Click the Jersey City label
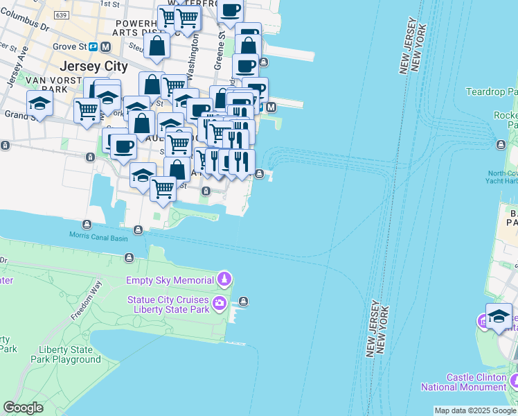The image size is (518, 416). click(94, 67)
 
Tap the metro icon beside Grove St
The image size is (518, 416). click(106, 47)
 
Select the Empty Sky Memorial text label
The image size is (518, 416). click(170, 280)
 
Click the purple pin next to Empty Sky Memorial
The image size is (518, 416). click(224, 279)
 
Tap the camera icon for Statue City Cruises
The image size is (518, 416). click(220, 302)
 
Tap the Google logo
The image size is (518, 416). click(24, 408)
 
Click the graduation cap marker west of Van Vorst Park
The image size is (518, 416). click(40, 105)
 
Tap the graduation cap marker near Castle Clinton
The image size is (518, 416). click(499, 317)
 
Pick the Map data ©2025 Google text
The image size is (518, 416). click(475, 410)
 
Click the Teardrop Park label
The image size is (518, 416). click(492, 92)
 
